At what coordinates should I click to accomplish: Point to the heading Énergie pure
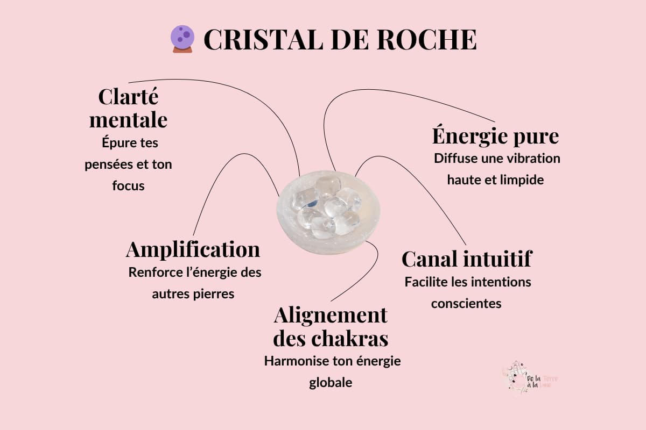point(495,136)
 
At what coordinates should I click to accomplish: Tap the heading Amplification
point(193,249)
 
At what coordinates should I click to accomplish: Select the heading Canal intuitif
point(467,259)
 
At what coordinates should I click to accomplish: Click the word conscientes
point(466,304)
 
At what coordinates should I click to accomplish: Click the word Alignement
point(331,315)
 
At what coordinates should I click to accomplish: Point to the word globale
point(331,383)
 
